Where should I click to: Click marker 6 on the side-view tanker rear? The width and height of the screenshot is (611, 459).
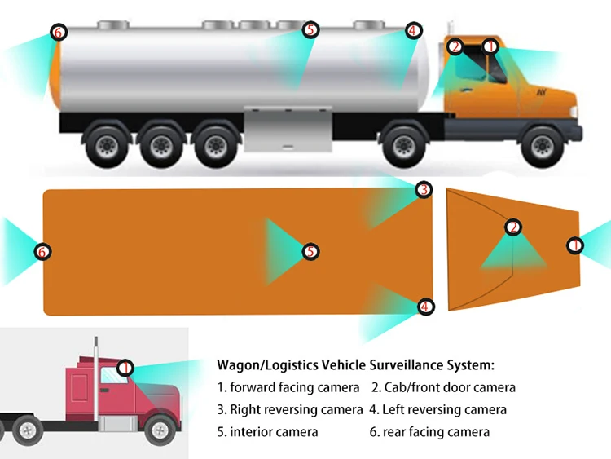pyautogui.click(x=57, y=33)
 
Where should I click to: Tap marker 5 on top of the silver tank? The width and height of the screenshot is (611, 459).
pyautogui.click(x=310, y=30)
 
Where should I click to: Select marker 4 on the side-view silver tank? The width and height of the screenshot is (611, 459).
pyautogui.click(x=413, y=31)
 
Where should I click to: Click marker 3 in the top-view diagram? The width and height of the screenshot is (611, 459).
pyautogui.click(x=423, y=190)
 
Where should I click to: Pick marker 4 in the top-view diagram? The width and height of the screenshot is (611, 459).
pyautogui.click(x=425, y=307)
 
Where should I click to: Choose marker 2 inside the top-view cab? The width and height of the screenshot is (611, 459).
pyautogui.click(x=512, y=227)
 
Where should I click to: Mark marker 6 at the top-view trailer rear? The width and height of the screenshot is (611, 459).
pyautogui.click(x=42, y=251)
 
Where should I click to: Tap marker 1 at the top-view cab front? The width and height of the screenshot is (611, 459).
pyautogui.click(x=574, y=245)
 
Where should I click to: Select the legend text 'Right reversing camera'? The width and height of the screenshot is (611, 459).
pyautogui.click(x=297, y=409)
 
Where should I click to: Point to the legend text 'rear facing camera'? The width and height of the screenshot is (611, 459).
pyautogui.click(x=436, y=431)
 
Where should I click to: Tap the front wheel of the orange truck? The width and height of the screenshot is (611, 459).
pyautogui.click(x=539, y=146)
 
